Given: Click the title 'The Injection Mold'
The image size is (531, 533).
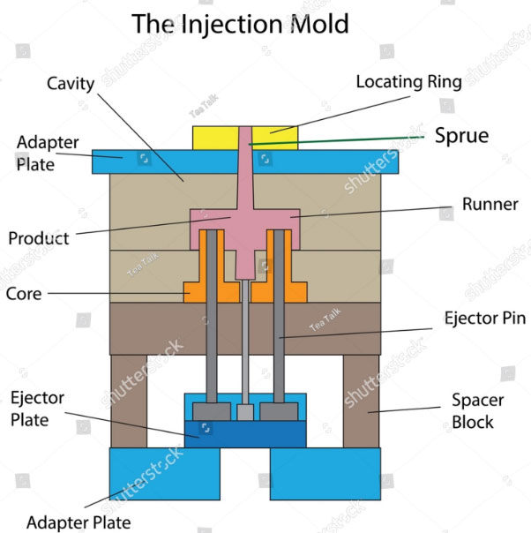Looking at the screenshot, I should (240, 24).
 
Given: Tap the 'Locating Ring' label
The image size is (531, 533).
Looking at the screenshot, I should (408, 82).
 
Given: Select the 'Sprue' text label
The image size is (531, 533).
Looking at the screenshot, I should (461, 136).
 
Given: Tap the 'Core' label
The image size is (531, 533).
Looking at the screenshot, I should (24, 293).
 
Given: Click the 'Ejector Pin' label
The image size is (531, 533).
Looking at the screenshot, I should (486, 319).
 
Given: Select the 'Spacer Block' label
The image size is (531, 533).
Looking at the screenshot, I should (477, 411).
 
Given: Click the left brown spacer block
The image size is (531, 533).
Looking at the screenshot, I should (129, 401).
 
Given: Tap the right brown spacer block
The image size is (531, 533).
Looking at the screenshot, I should (361, 401).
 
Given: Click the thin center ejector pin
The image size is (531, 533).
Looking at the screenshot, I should (245, 353).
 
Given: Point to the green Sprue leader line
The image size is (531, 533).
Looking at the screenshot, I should (353, 139).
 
